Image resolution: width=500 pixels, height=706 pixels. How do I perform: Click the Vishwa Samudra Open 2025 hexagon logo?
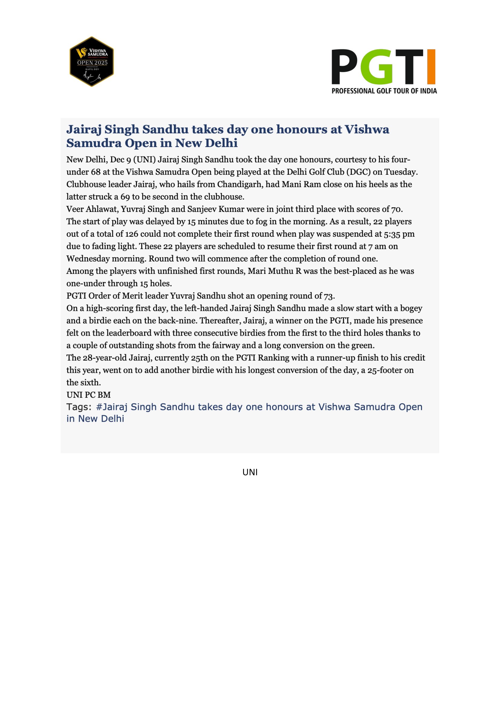coord(91,62)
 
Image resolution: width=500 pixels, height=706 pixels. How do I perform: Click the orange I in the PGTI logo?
coord(431,66)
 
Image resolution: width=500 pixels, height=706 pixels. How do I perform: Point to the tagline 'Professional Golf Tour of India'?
coord(384,91)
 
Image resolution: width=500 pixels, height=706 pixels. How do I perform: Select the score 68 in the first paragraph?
coord(96,172)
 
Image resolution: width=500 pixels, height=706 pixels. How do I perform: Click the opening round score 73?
coord(329,296)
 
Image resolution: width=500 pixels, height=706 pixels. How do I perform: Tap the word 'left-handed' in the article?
coord(206,308)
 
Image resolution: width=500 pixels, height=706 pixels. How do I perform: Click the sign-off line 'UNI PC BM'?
coord(89,395)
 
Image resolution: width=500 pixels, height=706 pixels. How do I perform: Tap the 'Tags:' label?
coord(79,407)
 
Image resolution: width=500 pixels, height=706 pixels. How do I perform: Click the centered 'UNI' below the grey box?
coord(250,472)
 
